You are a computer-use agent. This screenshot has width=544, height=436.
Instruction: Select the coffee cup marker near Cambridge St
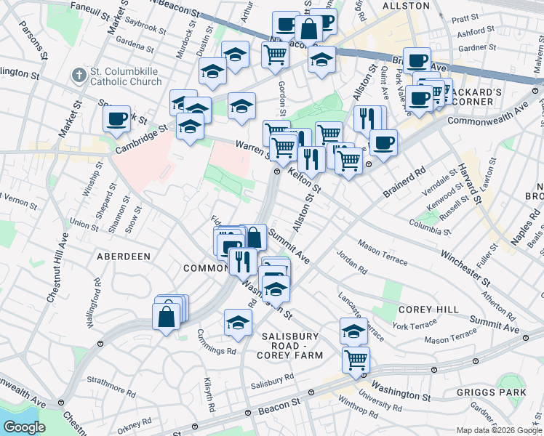coord(117,118)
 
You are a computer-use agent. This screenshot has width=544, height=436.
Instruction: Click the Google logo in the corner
coord(24,427)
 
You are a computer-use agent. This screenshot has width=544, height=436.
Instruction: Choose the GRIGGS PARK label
coord(491,392)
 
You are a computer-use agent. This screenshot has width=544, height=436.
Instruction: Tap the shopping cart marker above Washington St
coord(356,358)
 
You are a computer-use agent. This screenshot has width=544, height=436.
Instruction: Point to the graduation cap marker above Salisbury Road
coord(238,322)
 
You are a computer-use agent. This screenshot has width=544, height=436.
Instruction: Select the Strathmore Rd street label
coord(109,379)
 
